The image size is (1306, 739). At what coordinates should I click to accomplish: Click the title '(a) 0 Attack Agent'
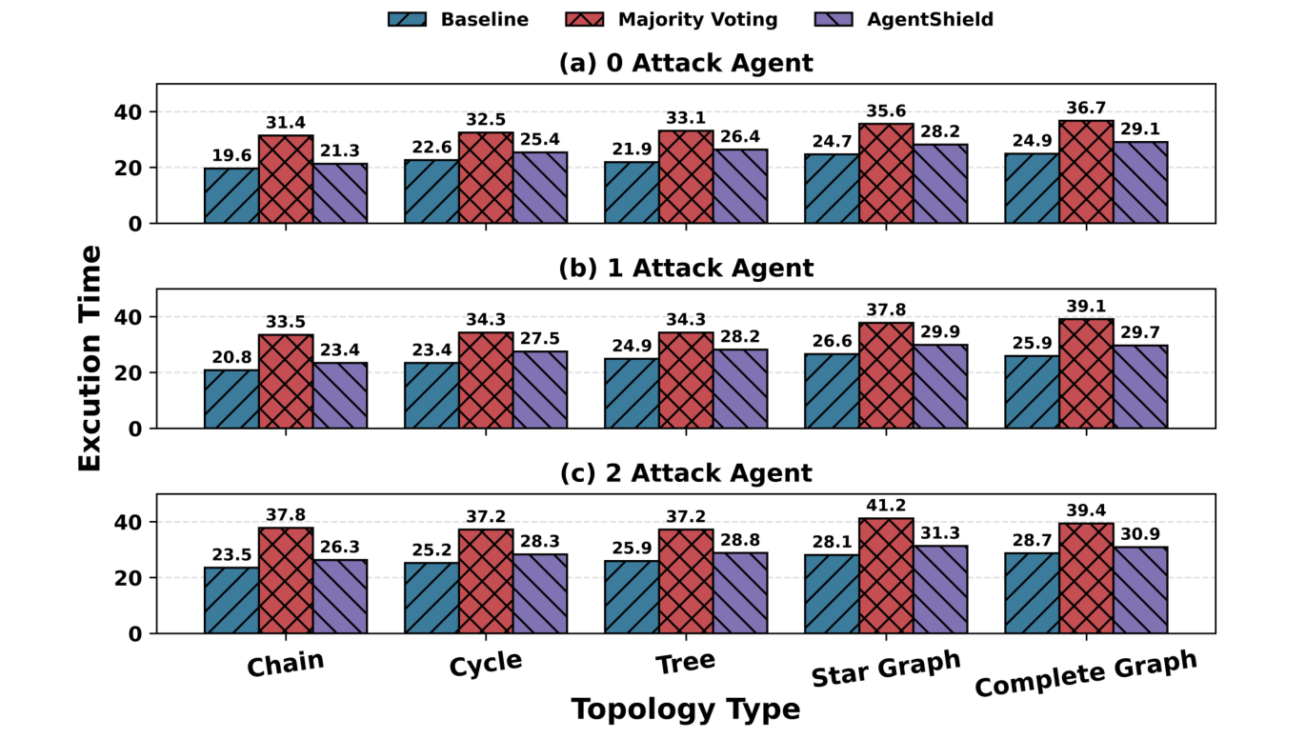pos(686,64)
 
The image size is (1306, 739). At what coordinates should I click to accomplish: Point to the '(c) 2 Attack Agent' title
pos(686,473)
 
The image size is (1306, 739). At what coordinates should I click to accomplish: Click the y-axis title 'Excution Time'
pos(90,357)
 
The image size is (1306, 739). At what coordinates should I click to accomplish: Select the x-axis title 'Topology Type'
pos(686,709)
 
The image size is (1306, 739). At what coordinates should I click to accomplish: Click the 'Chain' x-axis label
pos(286,664)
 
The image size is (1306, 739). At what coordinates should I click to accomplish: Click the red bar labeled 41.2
pos(886,575)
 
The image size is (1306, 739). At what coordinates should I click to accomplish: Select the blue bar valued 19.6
pos(231,196)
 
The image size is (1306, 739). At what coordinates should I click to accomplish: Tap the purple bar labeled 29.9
pos(940,387)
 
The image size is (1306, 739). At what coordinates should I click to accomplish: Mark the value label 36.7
pos(1086,109)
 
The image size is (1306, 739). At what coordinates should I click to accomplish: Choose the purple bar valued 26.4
pos(740,187)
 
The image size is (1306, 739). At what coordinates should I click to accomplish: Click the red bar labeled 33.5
pos(286,382)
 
